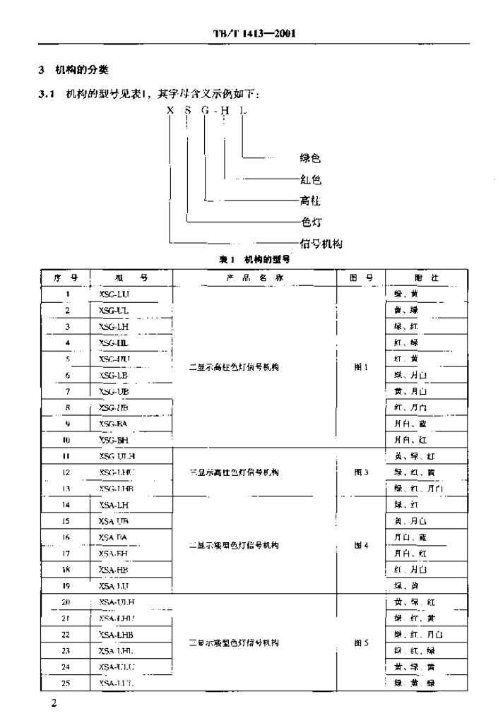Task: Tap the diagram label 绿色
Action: click(x=310, y=159)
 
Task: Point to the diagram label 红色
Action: click(x=311, y=179)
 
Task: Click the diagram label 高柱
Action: click(x=311, y=201)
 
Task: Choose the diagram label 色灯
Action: click(x=311, y=222)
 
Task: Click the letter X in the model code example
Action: click(x=170, y=110)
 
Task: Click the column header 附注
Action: click(x=426, y=277)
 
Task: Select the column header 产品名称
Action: click(x=254, y=277)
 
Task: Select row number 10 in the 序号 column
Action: click(x=66, y=440)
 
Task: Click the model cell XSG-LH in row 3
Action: click(x=114, y=326)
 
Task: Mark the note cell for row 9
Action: click(x=410, y=424)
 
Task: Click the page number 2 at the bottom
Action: click(x=53, y=705)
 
